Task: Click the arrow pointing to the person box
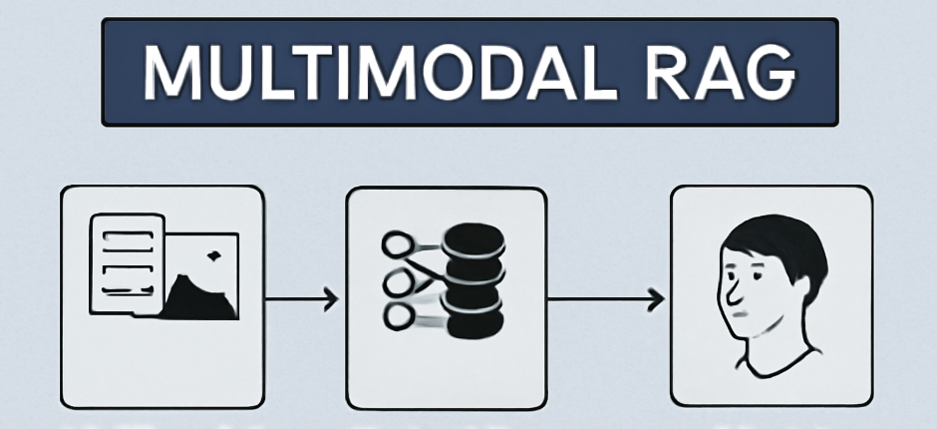coord(608,297)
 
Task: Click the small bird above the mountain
coord(212,256)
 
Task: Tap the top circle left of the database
coord(397,243)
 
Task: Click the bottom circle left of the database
coord(397,318)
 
